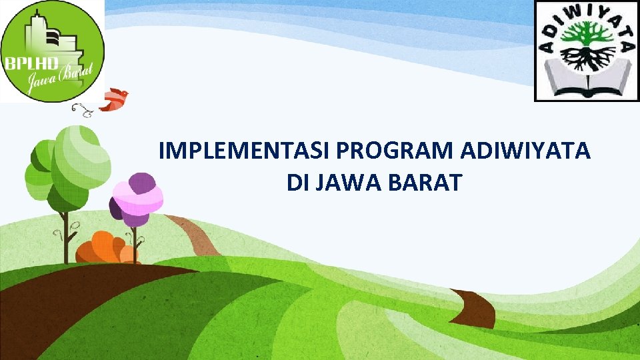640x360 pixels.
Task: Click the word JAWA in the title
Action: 352,183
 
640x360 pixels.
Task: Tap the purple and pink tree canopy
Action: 137,198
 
